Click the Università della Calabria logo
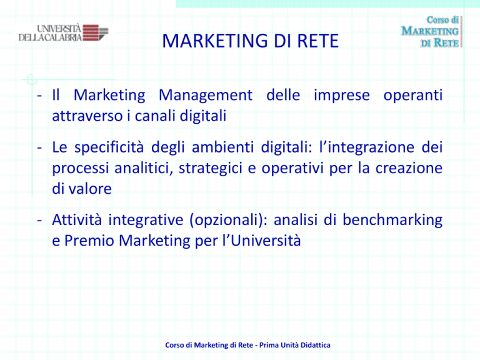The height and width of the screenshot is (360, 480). pyautogui.click(x=63, y=32)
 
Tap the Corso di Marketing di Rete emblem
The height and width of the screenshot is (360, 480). pyautogui.click(x=432, y=31)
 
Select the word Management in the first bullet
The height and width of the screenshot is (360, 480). pyautogui.click(x=206, y=95)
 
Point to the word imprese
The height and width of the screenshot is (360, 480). pyautogui.click(x=342, y=96)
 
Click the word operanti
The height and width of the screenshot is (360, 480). pyautogui.click(x=413, y=96)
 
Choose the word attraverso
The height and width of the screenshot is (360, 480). pyautogui.click(x=87, y=116)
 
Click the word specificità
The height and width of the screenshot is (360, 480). pyautogui.click(x=109, y=147)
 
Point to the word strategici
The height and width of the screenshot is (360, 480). pyautogui.click(x=211, y=169)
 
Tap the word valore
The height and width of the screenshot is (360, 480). pyautogui.click(x=90, y=189)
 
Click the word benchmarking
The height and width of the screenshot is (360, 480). pyautogui.click(x=392, y=221)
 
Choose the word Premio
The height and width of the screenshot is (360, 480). pyautogui.click(x=89, y=241)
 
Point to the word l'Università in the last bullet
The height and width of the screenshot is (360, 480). pyautogui.click(x=262, y=241)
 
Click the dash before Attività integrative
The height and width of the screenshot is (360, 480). pyautogui.click(x=39, y=220)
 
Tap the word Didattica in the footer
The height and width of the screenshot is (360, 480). pyautogui.click(x=315, y=345)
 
